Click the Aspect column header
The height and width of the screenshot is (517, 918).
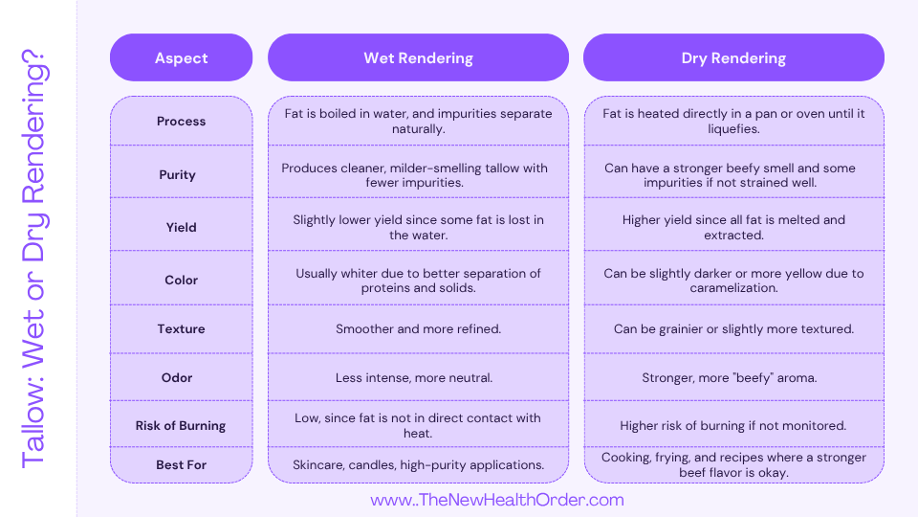pyautogui.click(x=181, y=57)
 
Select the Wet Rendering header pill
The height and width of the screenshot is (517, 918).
pyautogui.click(x=418, y=57)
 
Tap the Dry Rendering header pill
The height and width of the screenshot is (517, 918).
pyautogui.click(x=733, y=57)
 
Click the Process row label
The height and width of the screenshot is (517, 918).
pyautogui.click(x=181, y=121)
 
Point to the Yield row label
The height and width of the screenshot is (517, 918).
pyautogui.click(x=181, y=227)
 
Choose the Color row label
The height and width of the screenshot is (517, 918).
pyautogui.click(x=181, y=280)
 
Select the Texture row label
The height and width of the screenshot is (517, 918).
pyautogui.click(x=181, y=328)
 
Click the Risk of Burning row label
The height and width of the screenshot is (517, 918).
pyautogui.click(x=181, y=425)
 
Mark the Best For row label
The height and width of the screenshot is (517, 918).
pyautogui.click(x=181, y=464)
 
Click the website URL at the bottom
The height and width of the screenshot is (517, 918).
pyautogui.click(x=496, y=500)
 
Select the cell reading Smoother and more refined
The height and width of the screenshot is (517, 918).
pyautogui.click(x=418, y=328)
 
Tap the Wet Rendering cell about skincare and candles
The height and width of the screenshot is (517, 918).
pyautogui.click(x=418, y=464)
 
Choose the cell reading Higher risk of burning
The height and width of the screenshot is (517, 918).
pyautogui.click(x=733, y=425)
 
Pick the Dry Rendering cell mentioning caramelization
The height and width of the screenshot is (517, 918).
pyautogui.click(x=733, y=280)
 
